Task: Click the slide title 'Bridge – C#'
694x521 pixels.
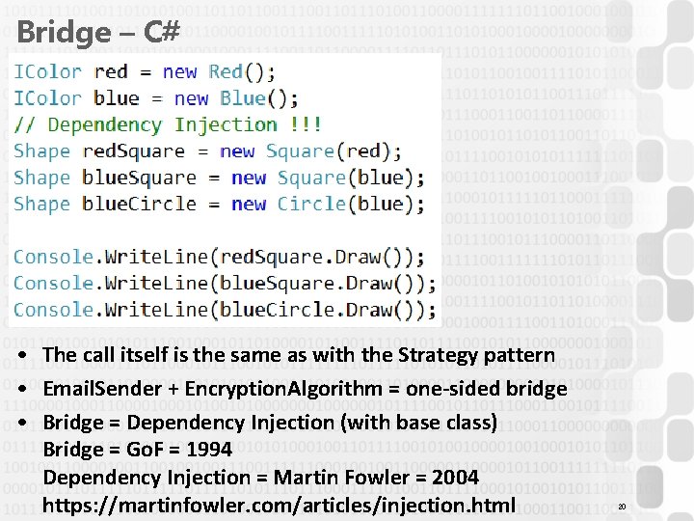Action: point(98,32)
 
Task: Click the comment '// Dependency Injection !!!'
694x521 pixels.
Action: point(168,124)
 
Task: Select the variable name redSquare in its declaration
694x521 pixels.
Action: point(133,151)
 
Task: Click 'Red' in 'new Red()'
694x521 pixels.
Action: point(226,71)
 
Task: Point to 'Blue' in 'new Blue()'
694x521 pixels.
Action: point(243,97)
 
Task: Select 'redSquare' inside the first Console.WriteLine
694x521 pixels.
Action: point(269,257)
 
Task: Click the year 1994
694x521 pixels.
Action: point(209,450)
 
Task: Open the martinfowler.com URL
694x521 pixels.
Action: point(280,505)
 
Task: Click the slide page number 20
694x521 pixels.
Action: point(622,507)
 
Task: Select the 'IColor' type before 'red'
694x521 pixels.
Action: point(47,71)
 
